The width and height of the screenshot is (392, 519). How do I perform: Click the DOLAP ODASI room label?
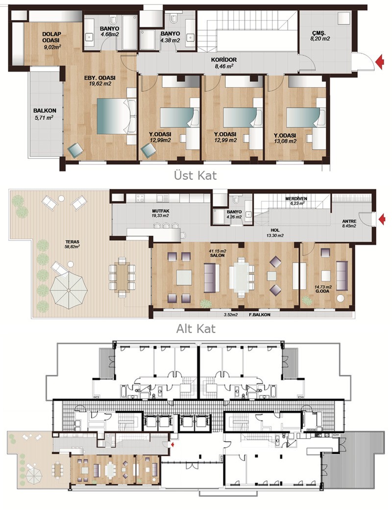click(x=51, y=37)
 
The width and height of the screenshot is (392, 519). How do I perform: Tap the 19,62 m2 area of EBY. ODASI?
click(x=100, y=84)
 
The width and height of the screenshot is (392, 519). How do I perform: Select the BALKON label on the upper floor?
click(x=45, y=111)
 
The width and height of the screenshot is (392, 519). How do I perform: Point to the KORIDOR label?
click(x=223, y=60)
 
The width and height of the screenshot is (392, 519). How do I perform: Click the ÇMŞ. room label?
click(x=319, y=33)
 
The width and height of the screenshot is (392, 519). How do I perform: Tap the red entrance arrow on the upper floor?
click(x=380, y=62)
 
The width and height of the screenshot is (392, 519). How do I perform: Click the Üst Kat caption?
click(x=195, y=175)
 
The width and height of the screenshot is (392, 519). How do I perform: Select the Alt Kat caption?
click(x=196, y=329)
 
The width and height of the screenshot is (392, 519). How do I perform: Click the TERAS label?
click(x=73, y=242)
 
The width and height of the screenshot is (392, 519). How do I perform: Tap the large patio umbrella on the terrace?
click(x=69, y=290)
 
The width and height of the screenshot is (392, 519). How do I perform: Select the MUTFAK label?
click(x=161, y=211)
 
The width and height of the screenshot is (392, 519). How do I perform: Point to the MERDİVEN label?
click(x=296, y=198)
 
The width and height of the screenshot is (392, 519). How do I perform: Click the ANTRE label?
click(x=349, y=221)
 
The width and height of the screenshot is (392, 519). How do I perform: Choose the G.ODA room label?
click(x=322, y=292)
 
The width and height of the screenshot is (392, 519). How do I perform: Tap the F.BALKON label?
click(x=260, y=315)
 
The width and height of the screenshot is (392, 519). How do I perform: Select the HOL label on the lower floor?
click(x=275, y=230)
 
